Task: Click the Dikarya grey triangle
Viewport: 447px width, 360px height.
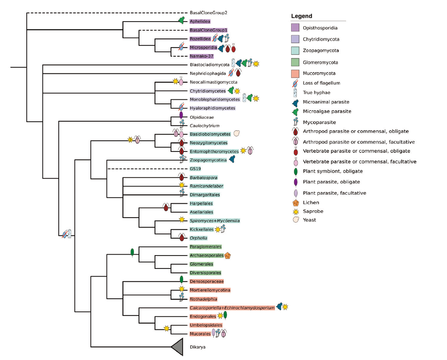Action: [x=178, y=347]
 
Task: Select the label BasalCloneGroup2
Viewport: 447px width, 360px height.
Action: [x=209, y=13]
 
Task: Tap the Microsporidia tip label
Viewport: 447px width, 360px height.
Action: [x=203, y=47]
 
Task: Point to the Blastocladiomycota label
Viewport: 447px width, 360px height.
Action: [x=209, y=65]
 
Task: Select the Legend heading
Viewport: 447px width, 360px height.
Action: [x=301, y=16]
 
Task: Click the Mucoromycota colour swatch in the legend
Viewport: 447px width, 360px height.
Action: [x=295, y=73]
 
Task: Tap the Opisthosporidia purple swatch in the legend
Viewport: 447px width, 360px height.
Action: [x=295, y=28]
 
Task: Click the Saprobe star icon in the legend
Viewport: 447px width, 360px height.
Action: [x=295, y=211]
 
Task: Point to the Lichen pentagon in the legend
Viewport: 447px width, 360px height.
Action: [x=295, y=202]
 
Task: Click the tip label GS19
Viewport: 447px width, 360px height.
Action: [x=195, y=169]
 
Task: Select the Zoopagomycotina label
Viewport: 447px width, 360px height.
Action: [x=208, y=160]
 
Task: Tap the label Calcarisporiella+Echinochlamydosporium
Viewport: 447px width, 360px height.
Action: [x=232, y=308]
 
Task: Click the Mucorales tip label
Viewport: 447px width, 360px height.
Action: [x=200, y=334]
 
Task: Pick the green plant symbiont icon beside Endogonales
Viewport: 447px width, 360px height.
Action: [x=225, y=316]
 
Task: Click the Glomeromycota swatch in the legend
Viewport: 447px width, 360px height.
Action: [x=295, y=62]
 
